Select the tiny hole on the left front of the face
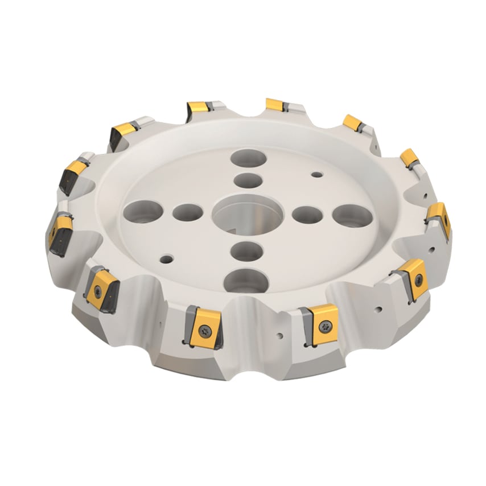click(166, 260)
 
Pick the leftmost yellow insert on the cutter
click(60, 232)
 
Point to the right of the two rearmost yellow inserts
click(274, 104)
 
